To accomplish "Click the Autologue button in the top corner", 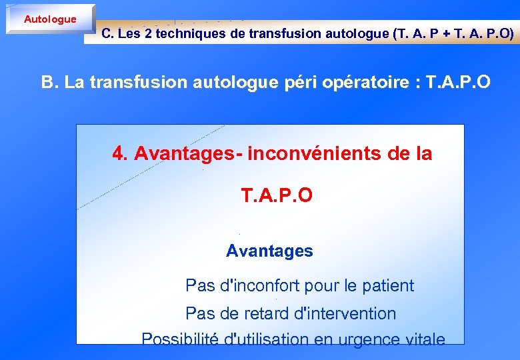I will point(50,19).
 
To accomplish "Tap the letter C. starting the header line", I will point(107,34).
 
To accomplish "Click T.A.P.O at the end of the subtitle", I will point(459,83).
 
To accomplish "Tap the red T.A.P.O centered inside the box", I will point(276,195).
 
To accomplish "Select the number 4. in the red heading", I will point(121,154).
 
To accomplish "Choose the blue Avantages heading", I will point(269,251).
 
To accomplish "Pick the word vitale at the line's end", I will point(425,339).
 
